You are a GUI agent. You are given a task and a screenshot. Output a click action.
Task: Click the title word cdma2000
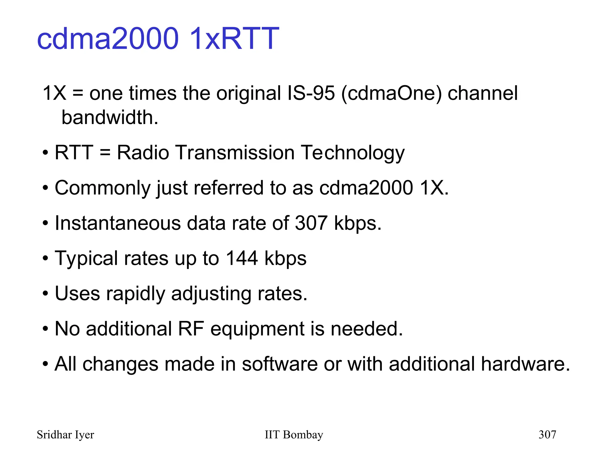108,39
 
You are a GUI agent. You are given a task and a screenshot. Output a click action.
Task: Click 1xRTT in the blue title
234,39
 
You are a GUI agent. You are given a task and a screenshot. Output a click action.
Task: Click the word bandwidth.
109,117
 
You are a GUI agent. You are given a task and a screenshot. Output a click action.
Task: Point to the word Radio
143,153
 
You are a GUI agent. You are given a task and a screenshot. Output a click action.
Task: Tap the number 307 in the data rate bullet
311,223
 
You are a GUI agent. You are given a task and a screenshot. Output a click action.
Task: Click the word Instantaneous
118,223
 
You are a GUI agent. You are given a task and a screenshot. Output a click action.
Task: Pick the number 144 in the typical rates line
242,258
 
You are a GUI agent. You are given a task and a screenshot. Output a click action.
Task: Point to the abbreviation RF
191,329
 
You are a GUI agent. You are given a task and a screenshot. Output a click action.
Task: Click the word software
279,364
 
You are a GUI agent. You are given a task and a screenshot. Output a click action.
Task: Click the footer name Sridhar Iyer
65,435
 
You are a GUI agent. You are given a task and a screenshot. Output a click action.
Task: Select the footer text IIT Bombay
294,435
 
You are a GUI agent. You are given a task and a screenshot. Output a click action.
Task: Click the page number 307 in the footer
547,434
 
